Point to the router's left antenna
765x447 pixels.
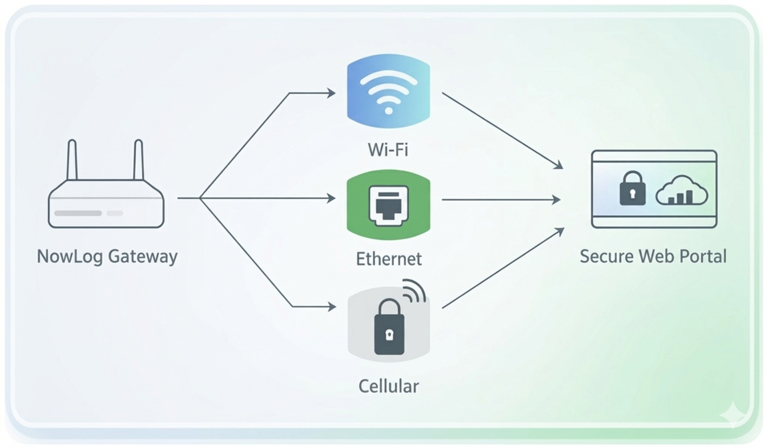coord(72,160)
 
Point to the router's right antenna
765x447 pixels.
coord(138,160)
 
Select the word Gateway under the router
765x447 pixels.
coord(143,257)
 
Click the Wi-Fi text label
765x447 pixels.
coord(388,150)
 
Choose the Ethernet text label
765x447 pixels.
coord(389,259)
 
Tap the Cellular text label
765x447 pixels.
coord(388,386)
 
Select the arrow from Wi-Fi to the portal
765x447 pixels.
coord(502,131)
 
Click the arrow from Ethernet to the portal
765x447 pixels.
coord(501,200)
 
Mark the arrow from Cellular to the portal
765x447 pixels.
coord(502,269)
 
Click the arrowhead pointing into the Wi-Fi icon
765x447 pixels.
coord(331,93)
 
